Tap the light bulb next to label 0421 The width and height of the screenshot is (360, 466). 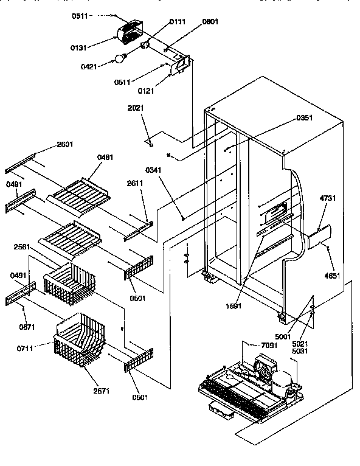[x=120, y=59]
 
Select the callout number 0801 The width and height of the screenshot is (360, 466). [x=210, y=22]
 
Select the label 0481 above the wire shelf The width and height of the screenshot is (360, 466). [x=105, y=157]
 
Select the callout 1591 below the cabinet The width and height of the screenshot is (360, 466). [x=234, y=306]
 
